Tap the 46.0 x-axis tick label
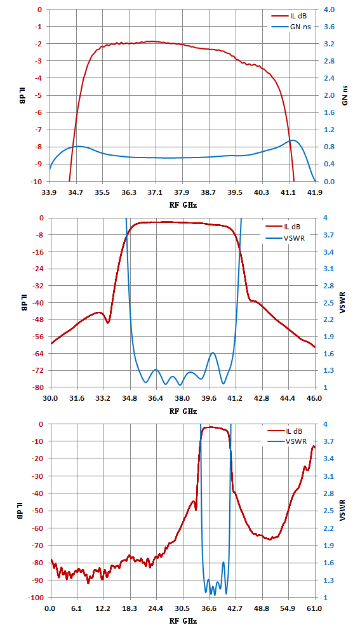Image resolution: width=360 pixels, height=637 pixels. click(314, 398)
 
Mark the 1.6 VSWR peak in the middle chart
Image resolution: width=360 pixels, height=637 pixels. click(213, 352)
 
